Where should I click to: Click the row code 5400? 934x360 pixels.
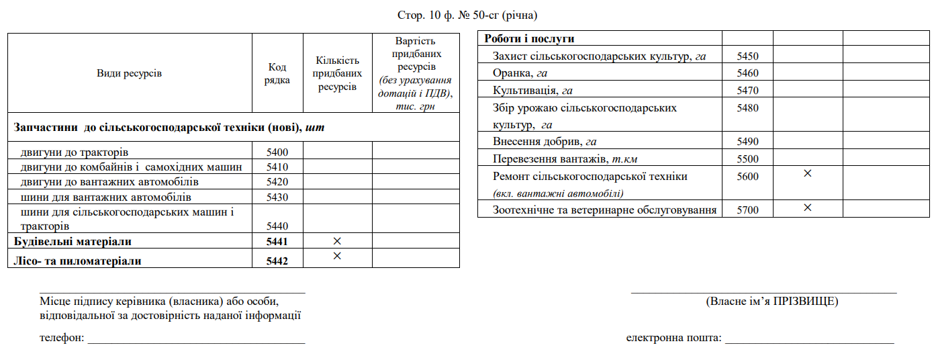(277, 152)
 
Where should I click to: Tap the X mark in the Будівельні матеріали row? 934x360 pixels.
(337, 240)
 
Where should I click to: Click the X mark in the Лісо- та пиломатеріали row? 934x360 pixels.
(337, 256)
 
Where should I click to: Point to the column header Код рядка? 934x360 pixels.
(277, 74)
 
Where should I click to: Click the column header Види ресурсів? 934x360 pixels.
(130, 74)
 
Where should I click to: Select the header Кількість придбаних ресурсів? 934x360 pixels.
(337, 74)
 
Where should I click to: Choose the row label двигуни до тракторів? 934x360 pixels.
(75, 152)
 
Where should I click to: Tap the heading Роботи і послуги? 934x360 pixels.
(529, 39)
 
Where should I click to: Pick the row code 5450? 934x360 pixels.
(747, 56)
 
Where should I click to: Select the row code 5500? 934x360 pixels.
(747, 159)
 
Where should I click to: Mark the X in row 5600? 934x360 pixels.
(808, 173)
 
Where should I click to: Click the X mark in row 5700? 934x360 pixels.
(808, 208)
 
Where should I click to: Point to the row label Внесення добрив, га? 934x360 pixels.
(545, 142)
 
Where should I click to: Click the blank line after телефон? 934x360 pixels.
(196, 339)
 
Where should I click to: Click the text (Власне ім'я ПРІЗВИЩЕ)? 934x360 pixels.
(772, 302)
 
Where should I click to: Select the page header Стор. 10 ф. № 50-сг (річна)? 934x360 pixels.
(467, 14)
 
